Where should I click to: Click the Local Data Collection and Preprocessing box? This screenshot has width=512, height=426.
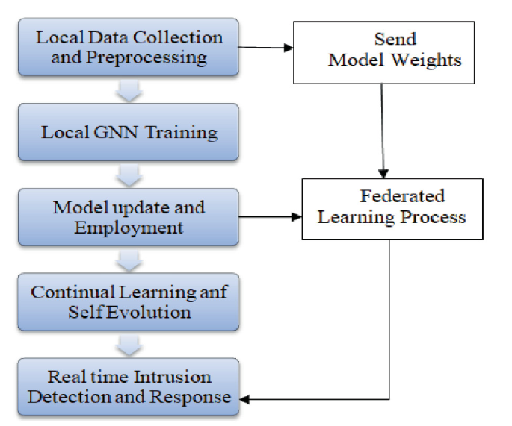(x=128, y=47)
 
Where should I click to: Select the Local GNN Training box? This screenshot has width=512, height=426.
(x=128, y=132)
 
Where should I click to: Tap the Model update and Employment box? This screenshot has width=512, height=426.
(x=128, y=216)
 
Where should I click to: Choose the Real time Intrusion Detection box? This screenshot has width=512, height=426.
(x=128, y=386)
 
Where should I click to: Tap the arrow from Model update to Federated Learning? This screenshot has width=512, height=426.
(x=269, y=218)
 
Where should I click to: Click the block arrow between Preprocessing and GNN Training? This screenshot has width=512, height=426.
(x=128, y=90)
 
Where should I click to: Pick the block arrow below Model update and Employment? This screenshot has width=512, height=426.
(x=128, y=260)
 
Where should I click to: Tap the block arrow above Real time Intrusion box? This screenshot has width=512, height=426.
(x=128, y=345)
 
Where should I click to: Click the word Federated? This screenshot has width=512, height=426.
(x=401, y=197)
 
